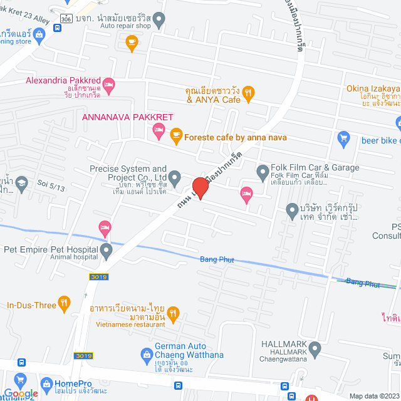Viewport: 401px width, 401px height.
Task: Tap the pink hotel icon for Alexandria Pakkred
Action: pos(108,85)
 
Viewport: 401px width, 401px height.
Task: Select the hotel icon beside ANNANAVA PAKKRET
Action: pos(159,130)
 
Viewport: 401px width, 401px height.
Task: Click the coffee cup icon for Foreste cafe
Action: pos(176,134)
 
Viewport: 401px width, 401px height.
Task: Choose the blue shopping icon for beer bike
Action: pos(343,138)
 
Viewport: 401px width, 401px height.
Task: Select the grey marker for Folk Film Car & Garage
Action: pos(263,170)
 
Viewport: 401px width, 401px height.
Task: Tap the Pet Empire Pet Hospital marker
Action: pos(106,252)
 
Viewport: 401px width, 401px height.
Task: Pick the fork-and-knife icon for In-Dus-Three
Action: pos(64,304)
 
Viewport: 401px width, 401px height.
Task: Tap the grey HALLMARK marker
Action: pos(315,348)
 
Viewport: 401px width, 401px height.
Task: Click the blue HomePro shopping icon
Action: pos(46,383)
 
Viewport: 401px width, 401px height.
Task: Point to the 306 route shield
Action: pos(67,17)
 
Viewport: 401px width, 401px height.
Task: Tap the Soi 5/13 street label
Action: pos(51,186)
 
